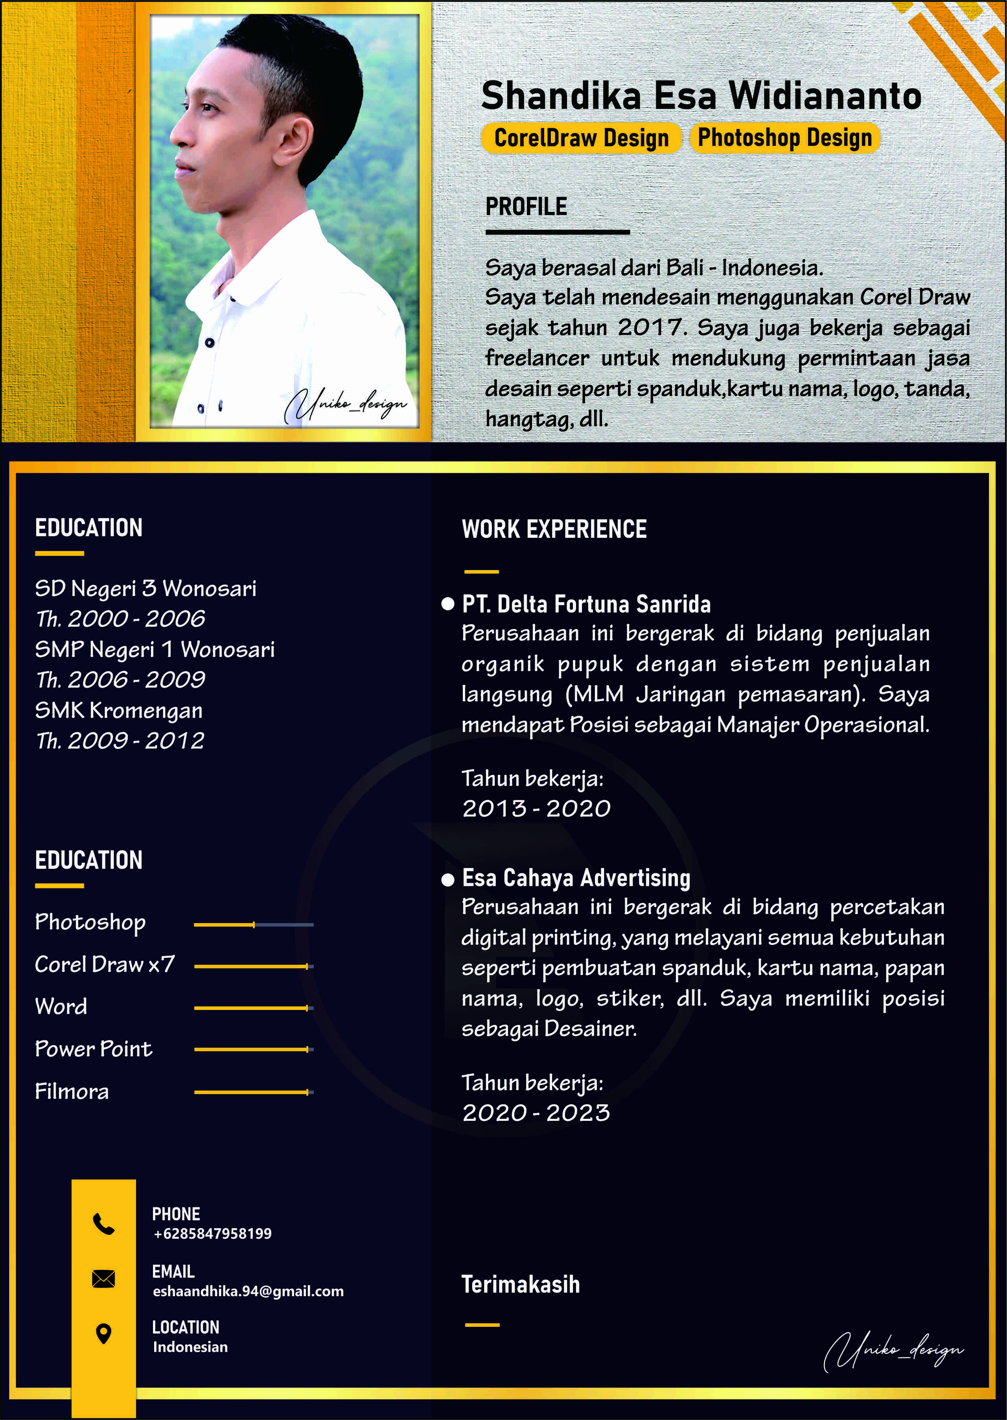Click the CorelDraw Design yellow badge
tap(581, 138)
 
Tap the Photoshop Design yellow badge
tap(784, 138)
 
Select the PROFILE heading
tap(526, 206)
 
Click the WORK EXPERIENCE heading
tap(554, 529)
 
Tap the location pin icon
tap(103, 1333)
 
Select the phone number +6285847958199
tap(212, 1233)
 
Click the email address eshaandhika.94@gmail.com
tap(248, 1291)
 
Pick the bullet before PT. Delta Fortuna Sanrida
tap(448, 604)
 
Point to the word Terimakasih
tap(520, 1285)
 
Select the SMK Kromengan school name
tap(118, 710)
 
